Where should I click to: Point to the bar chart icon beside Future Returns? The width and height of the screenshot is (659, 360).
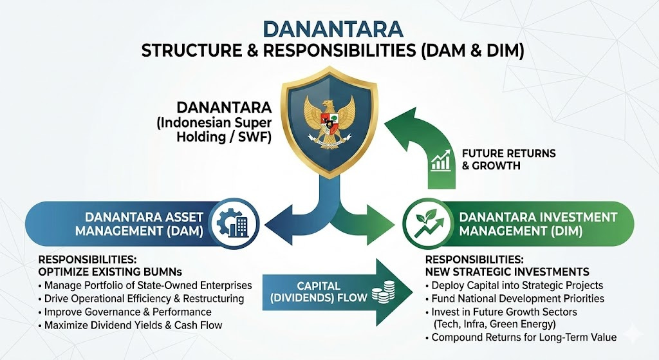click(x=441, y=160)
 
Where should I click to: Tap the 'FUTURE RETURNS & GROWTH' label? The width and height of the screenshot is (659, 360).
click(x=508, y=160)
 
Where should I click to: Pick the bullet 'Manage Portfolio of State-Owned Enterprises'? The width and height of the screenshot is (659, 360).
click(x=147, y=285)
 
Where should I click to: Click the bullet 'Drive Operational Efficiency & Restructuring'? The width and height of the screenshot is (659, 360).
click(x=144, y=298)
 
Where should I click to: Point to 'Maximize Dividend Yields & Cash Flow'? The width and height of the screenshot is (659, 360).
click(x=133, y=325)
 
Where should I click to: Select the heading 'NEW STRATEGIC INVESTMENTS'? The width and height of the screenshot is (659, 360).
click(x=507, y=271)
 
